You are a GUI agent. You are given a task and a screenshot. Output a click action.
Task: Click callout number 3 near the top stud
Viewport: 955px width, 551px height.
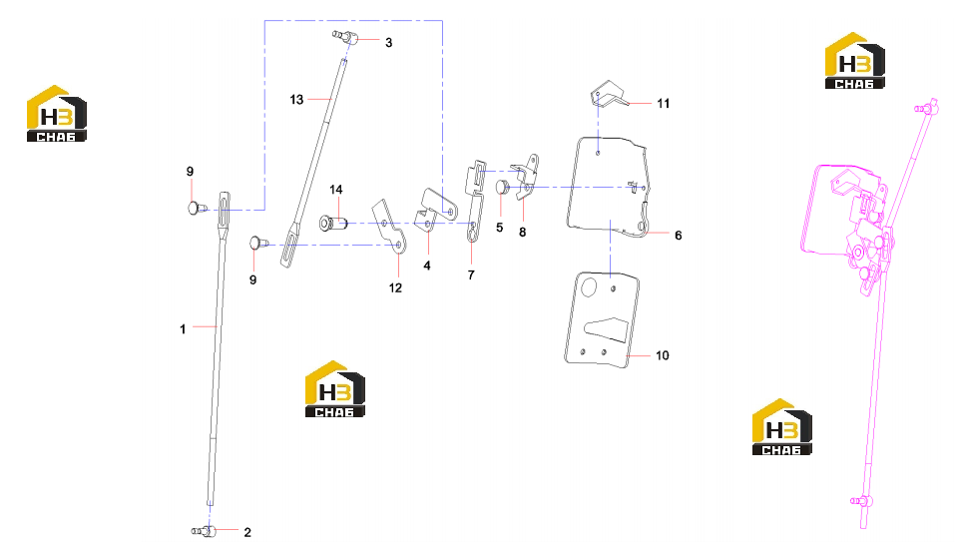click(x=388, y=43)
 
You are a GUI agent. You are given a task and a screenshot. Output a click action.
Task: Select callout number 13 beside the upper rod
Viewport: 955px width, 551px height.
click(x=296, y=100)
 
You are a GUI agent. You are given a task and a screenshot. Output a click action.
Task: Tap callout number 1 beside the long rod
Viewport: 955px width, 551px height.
click(x=183, y=329)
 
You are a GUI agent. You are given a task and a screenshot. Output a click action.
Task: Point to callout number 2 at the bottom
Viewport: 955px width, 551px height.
click(x=247, y=532)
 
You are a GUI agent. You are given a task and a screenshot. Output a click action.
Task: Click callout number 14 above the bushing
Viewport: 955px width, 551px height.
click(x=336, y=190)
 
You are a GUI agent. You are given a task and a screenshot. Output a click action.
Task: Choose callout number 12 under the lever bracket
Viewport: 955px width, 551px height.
click(x=395, y=287)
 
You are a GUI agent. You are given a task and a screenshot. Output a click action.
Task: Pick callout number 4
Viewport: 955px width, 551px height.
click(x=427, y=266)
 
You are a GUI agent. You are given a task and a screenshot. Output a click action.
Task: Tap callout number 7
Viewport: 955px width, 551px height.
click(x=471, y=275)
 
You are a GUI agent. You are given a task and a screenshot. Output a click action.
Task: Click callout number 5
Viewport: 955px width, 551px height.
click(x=499, y=228)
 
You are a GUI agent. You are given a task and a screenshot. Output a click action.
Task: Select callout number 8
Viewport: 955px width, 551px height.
click(x=523, y=233)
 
